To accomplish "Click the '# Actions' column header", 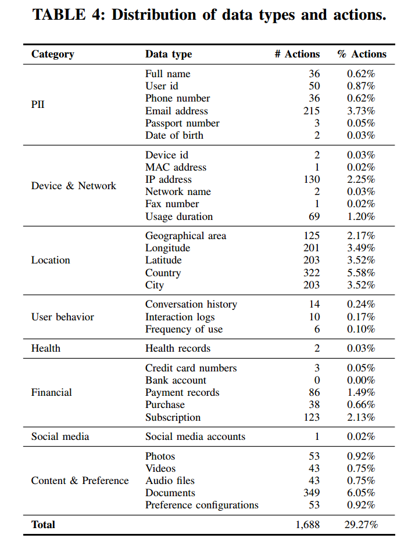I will pyautogui.click(x=297, y=54).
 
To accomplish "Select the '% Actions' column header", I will pyautogui.click(x=362, y=54).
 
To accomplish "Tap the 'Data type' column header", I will pyautogui.click(x=168, y=54).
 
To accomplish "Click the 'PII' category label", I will pyautogui.click(x=38, y=104).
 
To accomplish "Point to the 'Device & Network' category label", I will pyautogui.click(x=73, y=186).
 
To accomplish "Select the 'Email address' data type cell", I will pyautogui.click(x=176, y=111).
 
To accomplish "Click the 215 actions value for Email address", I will pyautogui.click(x=312, y=111).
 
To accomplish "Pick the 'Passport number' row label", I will pyautogui.click(x=182, y=123).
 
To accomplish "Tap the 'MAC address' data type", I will pyautogui.click(x=176, y=167).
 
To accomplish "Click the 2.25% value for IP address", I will pyautogui.click(x=361, y=179).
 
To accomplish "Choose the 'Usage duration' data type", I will pyautogui.click(x=179, y=216).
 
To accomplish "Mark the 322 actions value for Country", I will pyautogui.click(x=312, y=273).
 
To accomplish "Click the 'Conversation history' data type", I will pyautogui.click(x=191, y=304).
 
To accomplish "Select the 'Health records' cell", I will pyautogui.click(x=177, y=348).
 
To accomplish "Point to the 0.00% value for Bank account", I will pyautogui.click(x=361, y=380).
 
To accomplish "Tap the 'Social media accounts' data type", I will pyautogui.click(x=195, y=436).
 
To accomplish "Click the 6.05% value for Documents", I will pyautogui.click(x=361, y=493).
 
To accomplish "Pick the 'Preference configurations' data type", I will pyautogui.click(x=202, y=505).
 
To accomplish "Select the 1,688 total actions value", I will pyautogui.click(x=308, y=525).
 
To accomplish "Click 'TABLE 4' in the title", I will pyautogui.click(x=67, y=15).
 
